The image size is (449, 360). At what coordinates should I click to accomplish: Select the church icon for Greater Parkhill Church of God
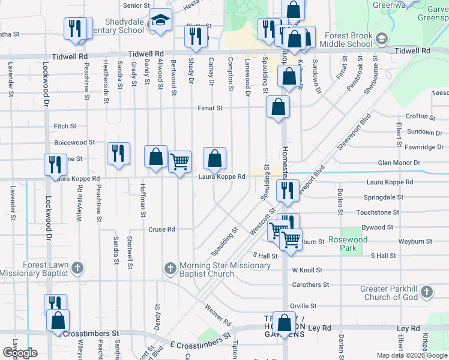pos(426,292)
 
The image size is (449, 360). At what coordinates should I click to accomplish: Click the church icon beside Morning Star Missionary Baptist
pos(170,268)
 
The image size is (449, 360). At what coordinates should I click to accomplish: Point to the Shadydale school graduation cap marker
pos(160,22)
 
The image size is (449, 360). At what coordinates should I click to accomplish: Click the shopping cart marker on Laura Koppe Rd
pos(179,161)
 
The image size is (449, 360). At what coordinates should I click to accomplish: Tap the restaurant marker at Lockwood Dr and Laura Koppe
pos(55,164)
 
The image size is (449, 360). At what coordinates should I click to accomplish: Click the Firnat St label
pos(211,109)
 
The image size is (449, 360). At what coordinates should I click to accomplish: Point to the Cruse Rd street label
pos(161,229)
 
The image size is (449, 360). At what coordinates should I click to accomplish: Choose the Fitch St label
pos(65,127)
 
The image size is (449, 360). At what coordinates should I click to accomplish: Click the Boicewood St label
pos(74,143)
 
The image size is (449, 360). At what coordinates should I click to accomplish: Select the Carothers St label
pos(310,285)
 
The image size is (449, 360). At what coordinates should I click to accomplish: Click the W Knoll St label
pos(307,271)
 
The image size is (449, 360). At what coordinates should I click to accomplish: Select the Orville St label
pos(303,306)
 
